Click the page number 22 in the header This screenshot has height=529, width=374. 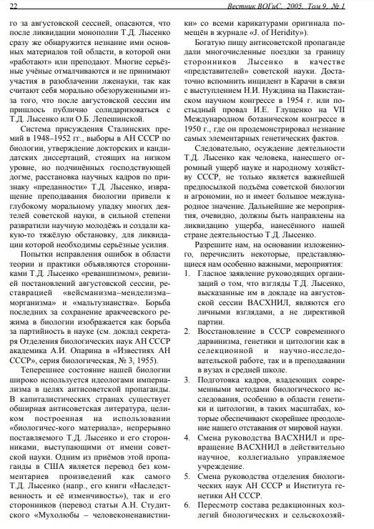click(14, 6)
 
